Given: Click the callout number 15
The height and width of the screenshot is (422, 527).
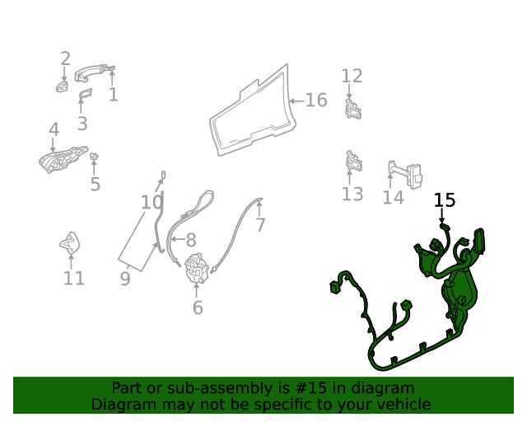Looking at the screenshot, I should tap(445, 200).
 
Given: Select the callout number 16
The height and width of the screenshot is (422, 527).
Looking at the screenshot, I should tap(316, 101).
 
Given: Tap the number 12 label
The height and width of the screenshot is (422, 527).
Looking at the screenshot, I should tap(352, 76).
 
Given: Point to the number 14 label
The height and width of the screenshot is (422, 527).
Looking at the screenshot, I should tap(393, 198).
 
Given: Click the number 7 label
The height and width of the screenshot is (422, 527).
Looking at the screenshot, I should tap(260, 225).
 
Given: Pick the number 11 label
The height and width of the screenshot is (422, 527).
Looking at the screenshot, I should tap(74, 279).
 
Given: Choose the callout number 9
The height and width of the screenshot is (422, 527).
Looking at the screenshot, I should tap(125, 279).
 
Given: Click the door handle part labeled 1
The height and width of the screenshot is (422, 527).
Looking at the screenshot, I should tap(92, 74).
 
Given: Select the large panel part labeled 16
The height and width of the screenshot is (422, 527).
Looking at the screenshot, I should tap(251, 111).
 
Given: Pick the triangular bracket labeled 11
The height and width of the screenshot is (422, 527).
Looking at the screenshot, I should tap(71, 244).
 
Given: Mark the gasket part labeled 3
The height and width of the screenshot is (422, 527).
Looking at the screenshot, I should tap(85, 99).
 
